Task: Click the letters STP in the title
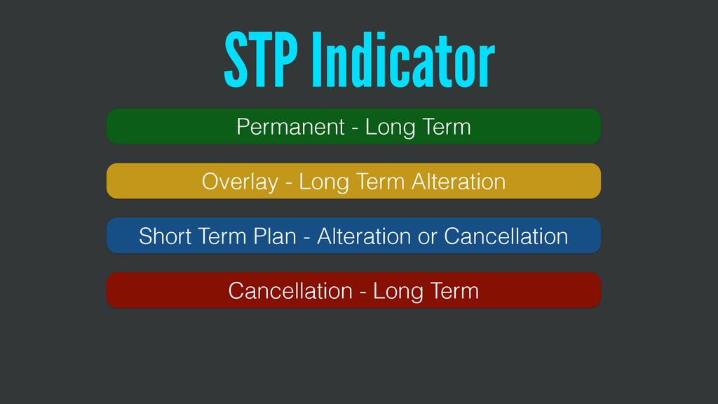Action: point(261,60)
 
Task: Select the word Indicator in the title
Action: point(403,60)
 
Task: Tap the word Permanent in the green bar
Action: point(291,127)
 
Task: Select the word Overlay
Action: point(240,182)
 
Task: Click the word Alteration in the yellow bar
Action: point(459,182)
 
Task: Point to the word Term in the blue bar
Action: point(222,236)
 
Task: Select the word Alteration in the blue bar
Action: point(364,236)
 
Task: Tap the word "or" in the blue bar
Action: point(428,238)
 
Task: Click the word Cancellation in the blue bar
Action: point(506,236)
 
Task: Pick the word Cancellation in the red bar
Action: point(290,291)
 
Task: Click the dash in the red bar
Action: point(363,292)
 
